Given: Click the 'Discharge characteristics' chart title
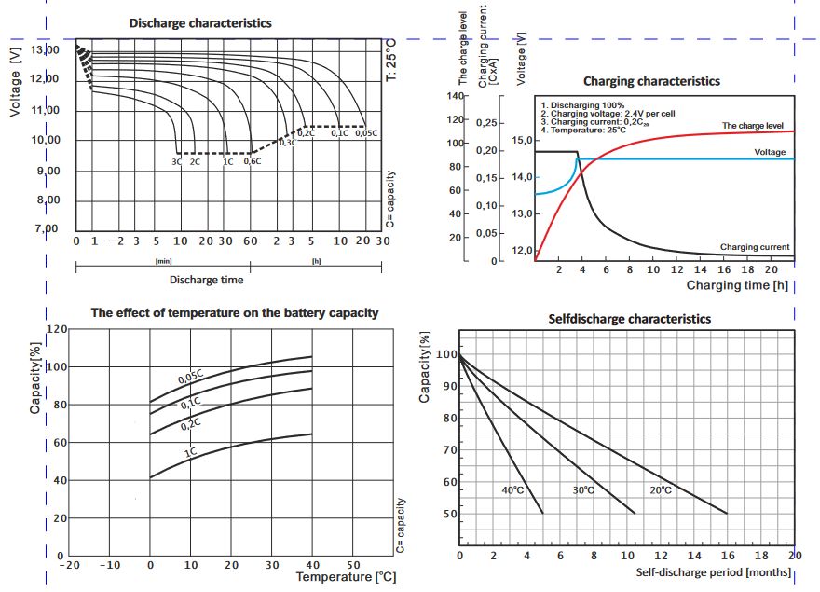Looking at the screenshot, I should (x=200, y=22).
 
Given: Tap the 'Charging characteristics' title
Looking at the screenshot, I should (x=651, y=81).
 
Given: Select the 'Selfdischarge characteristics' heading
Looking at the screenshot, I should (x=630, y=319).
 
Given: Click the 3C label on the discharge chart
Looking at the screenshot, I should (x=176, y=162).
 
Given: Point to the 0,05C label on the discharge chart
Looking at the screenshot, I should (x=366, y=134).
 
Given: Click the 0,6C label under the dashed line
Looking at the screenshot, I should (x=252, y=162).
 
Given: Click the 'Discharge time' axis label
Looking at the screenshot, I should (x=206, y=279).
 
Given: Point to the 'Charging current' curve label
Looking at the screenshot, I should (x=755, y=247).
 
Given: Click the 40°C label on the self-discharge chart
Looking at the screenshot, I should (x=514, y=490).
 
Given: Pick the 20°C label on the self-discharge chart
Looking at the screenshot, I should (x=660, y=490).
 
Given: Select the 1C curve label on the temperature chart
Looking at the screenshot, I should (x=190, y=452).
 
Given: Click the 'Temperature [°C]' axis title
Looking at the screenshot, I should (x=346, y=577).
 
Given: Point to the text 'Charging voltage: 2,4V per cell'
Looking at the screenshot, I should (x=608, y=114).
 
